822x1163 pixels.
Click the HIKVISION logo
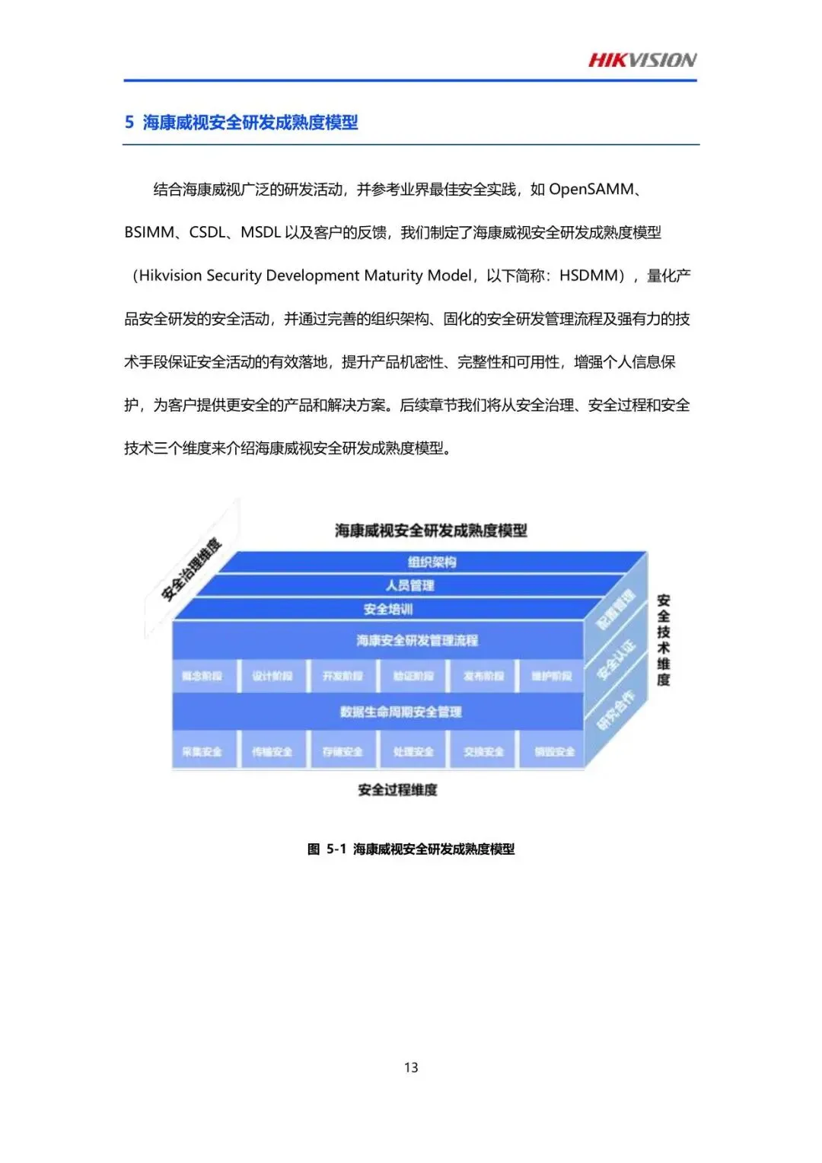tap(642, 60)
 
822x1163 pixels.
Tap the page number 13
tap(411, 1067)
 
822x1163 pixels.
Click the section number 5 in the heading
tap(129, 123)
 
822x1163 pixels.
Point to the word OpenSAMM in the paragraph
tap(591, 190)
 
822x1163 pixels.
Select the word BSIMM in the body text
tap(149, 232)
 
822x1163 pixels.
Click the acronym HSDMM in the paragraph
tap(591, 276)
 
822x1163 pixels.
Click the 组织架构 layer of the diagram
tap(432, 562)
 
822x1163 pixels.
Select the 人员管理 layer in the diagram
tap(409, 585)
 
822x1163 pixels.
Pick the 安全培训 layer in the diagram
tap(388, 609)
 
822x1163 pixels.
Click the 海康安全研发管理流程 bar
tap(416, 641)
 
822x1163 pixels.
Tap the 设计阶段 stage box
tap(272, 676)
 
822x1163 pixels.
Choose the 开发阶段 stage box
tap(342, 676)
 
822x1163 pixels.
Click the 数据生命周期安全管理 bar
tap(400, 712)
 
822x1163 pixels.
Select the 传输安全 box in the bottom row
tap(272, 751)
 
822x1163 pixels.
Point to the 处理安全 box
tap(413, 751)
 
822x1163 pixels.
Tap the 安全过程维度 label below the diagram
tap(397, 790)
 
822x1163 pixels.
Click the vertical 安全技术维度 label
tap(664, 640)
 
